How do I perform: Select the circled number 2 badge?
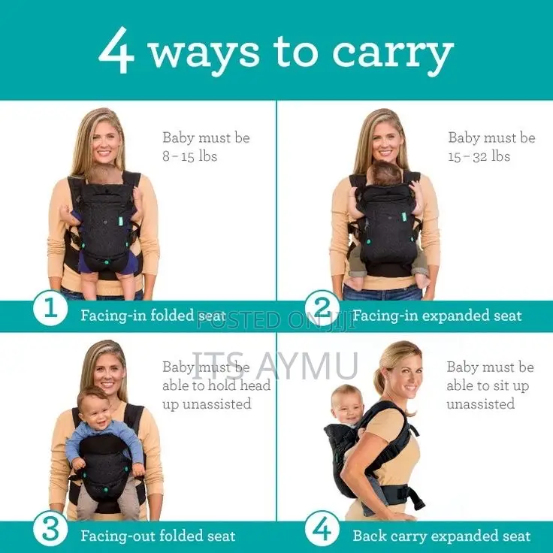click(323, 310)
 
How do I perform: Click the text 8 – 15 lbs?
click(191, 157)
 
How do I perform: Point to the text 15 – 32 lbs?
click(479, 157)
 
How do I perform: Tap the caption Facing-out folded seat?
click(158, 536)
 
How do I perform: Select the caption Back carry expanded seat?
click(441, 536)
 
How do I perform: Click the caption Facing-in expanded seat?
click(437, 315)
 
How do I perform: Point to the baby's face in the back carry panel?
click(348, 403)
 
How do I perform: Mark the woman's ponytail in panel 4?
click(380, 376)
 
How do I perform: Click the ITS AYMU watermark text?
click(275, 365)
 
